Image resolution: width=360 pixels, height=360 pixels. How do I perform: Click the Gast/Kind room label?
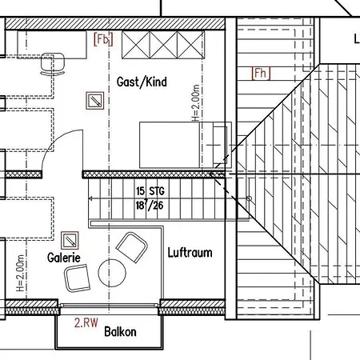[x=142, y=82]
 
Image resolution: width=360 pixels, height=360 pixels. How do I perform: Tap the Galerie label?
[x=64, y=258]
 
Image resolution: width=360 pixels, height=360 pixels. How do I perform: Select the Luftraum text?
[x=190, y=253]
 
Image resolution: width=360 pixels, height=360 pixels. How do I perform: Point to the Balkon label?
[x=120, y=331]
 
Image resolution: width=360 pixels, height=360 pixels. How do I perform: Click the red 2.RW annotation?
[x=86, y=322]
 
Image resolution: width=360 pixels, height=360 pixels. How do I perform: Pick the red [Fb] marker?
[x=103, y=39]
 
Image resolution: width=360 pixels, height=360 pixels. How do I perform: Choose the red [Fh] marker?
[x=261, y=74]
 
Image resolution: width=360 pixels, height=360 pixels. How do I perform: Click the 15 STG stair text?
[x=150, y=191]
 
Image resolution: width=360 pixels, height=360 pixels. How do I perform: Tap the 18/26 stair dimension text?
[x=150, y=206]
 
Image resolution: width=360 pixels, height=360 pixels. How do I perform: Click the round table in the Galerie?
[x=112, y=273]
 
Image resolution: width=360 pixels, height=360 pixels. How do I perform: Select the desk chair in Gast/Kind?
[x=53, y=64]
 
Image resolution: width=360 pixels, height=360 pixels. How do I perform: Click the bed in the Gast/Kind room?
[x=186, y=145]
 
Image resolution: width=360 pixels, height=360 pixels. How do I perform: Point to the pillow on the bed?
[x=220, y=145]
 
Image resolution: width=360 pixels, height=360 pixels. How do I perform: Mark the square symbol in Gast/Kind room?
[x=95, y=101]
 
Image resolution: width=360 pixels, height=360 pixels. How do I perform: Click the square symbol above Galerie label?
[x=70, y=241]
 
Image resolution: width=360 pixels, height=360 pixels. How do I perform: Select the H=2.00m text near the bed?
[x=195, y=103]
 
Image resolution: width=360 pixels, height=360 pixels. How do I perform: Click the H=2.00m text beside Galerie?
[x=20, y=273]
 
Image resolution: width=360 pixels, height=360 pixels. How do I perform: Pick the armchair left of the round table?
[x=77, y=278]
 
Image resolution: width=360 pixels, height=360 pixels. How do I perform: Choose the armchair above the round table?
[x=132, y=247]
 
